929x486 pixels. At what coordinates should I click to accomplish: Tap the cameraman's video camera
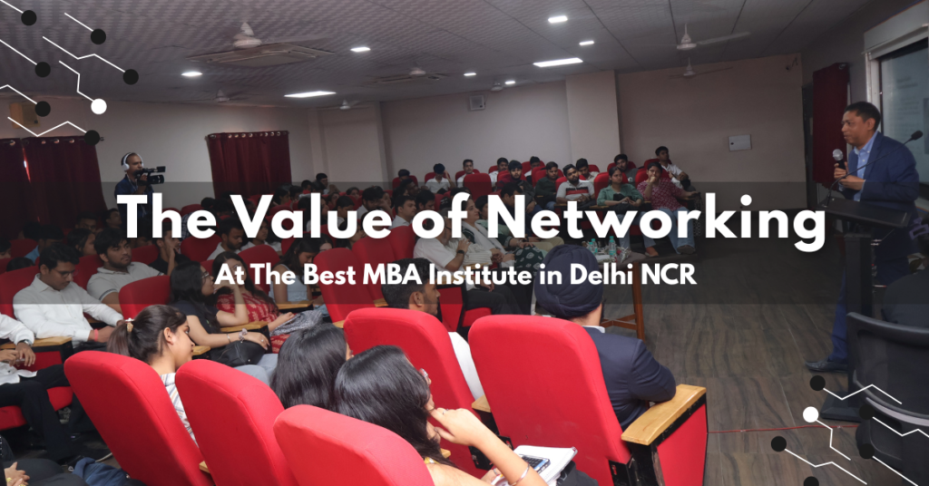point(153,173)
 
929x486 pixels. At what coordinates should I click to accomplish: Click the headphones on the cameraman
point(126,164)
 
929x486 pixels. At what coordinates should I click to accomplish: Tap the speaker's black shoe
point(826,364)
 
